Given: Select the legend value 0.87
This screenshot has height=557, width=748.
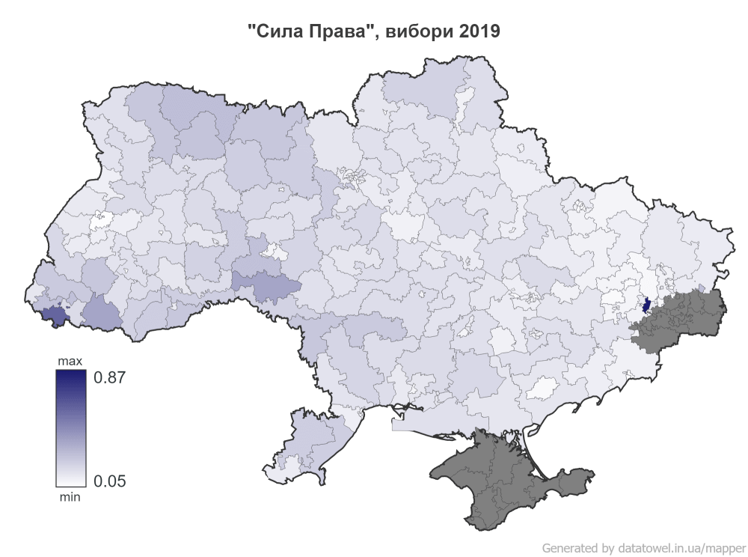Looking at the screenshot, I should point(108,378).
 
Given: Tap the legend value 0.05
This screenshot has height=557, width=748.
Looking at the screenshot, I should point(108,480).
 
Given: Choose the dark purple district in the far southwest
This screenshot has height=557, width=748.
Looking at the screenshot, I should point(54,316).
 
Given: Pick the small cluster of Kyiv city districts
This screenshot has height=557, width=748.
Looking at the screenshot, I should point(352,177).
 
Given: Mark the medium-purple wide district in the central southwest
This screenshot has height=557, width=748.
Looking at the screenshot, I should point(266,284).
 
